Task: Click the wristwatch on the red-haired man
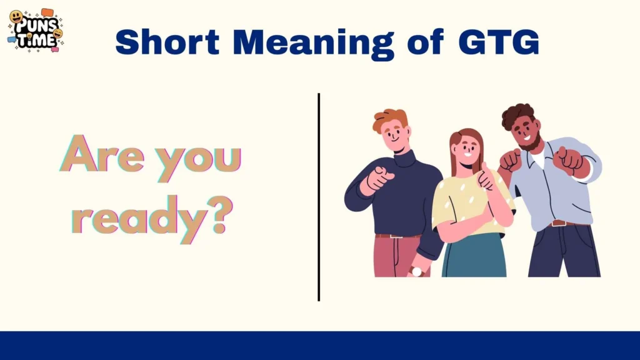point(417,271)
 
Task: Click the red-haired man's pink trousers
point(396,256)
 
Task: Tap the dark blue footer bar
point(320,346)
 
